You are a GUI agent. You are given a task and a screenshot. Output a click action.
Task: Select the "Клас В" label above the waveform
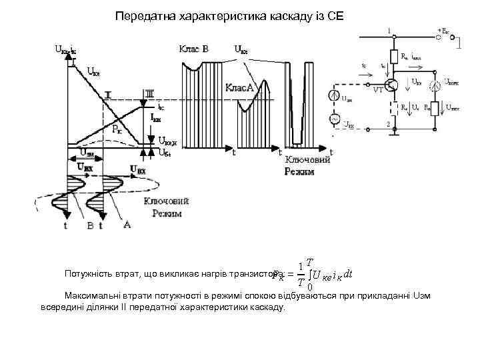[193, 49]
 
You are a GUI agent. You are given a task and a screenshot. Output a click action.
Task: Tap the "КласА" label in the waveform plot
[239, 87]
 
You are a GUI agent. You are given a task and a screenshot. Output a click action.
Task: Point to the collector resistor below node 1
[394, 57]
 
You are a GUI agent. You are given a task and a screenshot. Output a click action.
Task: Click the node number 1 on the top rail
[389, 31]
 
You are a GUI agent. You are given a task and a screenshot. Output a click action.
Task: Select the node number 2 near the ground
[389, 125]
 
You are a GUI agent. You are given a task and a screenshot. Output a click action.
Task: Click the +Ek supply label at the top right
[443, 31]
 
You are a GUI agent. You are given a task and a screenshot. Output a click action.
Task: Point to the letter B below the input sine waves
[90, 226]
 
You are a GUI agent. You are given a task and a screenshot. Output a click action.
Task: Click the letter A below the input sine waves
[127, 225]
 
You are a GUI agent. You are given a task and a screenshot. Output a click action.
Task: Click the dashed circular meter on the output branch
[436, 84]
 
